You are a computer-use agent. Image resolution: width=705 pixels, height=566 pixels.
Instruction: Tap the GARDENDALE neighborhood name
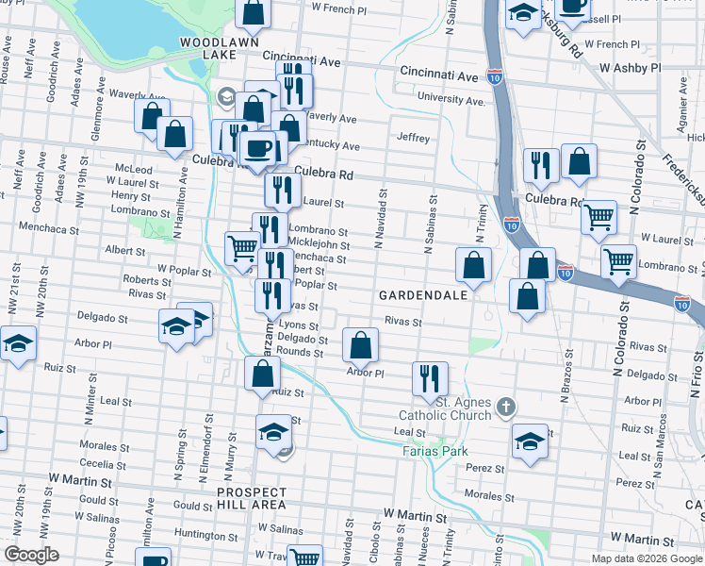[423, 295]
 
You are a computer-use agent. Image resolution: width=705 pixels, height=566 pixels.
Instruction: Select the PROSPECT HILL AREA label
[251, 498]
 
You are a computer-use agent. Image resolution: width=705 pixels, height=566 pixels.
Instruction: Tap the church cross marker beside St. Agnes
[506, 408]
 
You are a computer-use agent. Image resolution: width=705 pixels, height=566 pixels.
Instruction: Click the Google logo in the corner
[31, 555]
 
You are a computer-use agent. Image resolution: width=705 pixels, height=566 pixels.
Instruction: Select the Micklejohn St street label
[319, 244]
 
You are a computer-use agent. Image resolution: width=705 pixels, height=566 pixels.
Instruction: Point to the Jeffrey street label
[413, 138]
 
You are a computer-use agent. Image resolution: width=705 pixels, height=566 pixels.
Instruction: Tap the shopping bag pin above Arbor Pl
[360, 346]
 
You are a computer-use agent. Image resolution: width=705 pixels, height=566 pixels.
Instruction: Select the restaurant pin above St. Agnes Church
[430, 378]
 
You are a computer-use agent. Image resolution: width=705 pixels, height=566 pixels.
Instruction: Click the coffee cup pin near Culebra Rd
[258, 147]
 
